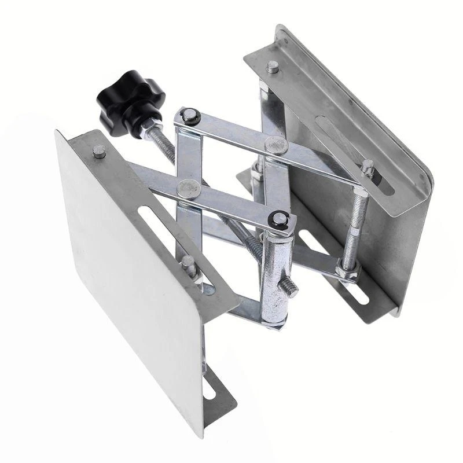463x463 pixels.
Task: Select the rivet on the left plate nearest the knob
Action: pos(99,152)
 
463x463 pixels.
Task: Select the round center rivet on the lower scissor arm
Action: pos(187,187)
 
